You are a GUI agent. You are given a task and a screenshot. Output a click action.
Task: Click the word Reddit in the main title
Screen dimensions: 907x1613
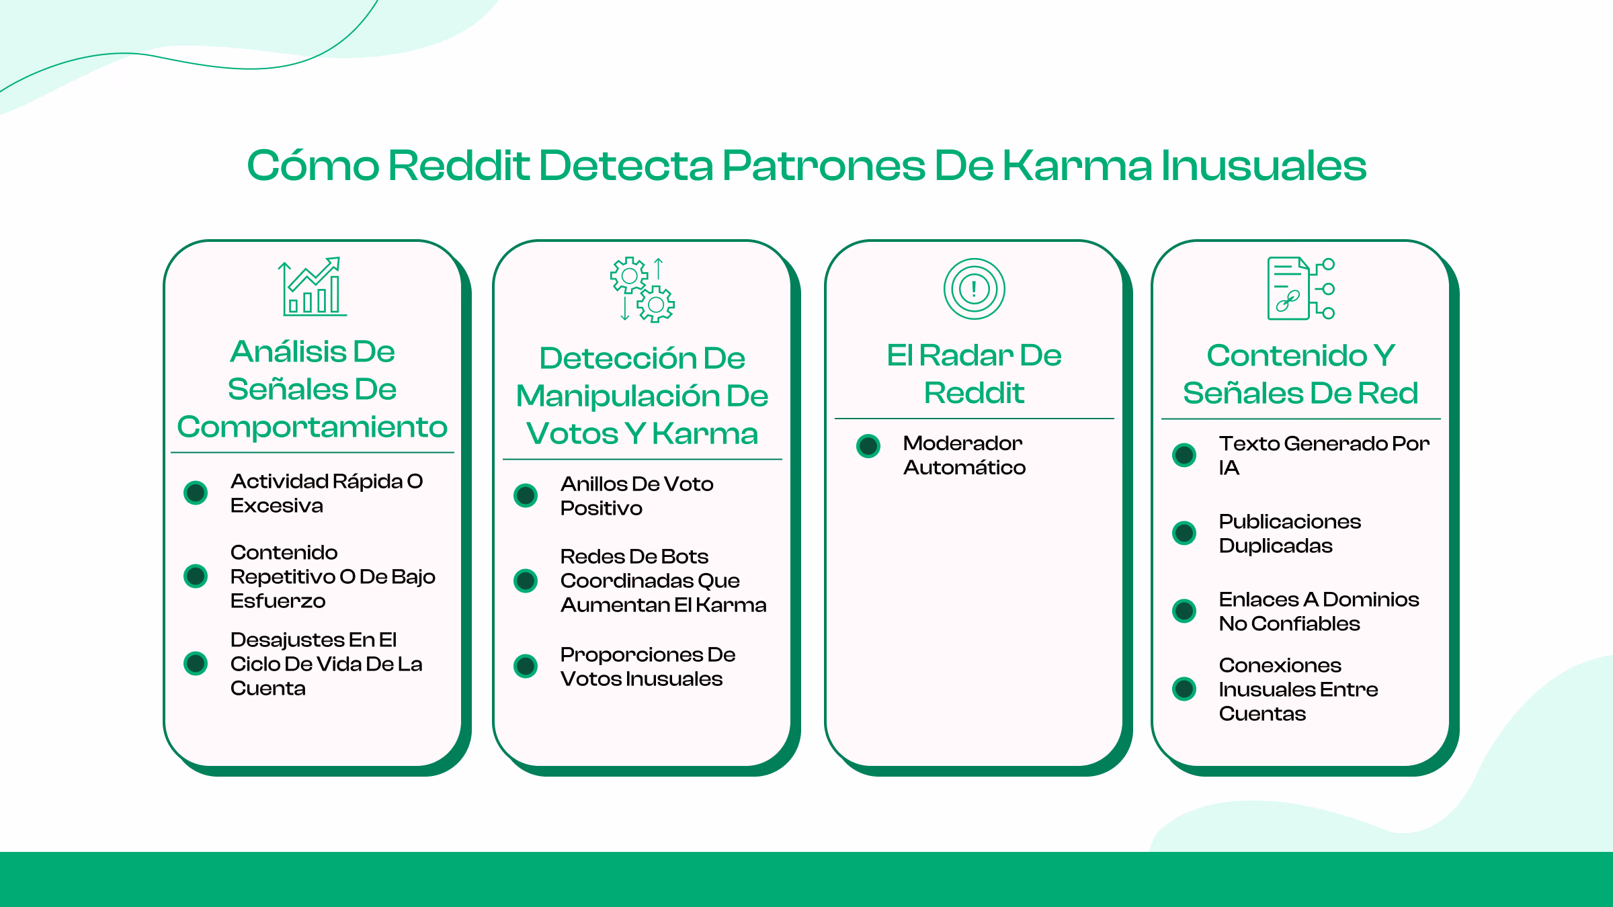click(459, 165)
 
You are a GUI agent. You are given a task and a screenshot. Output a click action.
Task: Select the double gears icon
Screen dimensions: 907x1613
click(642, 290)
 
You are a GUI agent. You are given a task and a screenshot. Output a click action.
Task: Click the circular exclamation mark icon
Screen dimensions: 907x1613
click(974, 289)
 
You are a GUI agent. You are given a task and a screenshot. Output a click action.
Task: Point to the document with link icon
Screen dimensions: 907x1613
click(1300, 288)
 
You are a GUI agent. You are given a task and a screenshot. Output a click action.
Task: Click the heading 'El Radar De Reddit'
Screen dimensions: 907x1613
click(974, 374)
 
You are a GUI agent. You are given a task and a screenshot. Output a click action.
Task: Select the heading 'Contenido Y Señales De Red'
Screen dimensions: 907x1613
click(1300, 374)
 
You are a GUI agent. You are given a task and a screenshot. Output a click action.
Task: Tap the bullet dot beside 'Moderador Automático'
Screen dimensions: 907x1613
click(868, 445)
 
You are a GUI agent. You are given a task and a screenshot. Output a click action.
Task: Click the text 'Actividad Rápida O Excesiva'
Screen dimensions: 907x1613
click(326, 493)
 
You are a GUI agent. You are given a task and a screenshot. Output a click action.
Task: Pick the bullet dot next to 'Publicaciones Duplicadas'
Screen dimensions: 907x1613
click(1184, 533)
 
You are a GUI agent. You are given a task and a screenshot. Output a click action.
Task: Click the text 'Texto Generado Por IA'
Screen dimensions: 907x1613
click(1323, 455)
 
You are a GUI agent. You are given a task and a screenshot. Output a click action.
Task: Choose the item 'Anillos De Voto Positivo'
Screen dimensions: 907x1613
click(636, 496)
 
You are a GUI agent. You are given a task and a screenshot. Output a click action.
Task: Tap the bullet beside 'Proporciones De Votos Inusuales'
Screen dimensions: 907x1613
click(526, 666)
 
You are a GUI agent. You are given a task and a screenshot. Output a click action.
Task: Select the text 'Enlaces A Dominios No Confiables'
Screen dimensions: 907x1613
click(1319, 611)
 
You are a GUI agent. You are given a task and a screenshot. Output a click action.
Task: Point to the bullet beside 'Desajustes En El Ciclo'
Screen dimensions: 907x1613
click(196, 663)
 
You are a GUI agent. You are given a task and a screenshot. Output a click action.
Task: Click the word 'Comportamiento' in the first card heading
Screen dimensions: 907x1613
click(312, 427)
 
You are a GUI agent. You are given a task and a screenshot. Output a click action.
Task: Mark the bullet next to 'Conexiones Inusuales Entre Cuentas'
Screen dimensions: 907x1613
click(1184, 689)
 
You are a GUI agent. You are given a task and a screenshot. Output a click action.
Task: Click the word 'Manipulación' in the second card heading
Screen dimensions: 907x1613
click(617, 396)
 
